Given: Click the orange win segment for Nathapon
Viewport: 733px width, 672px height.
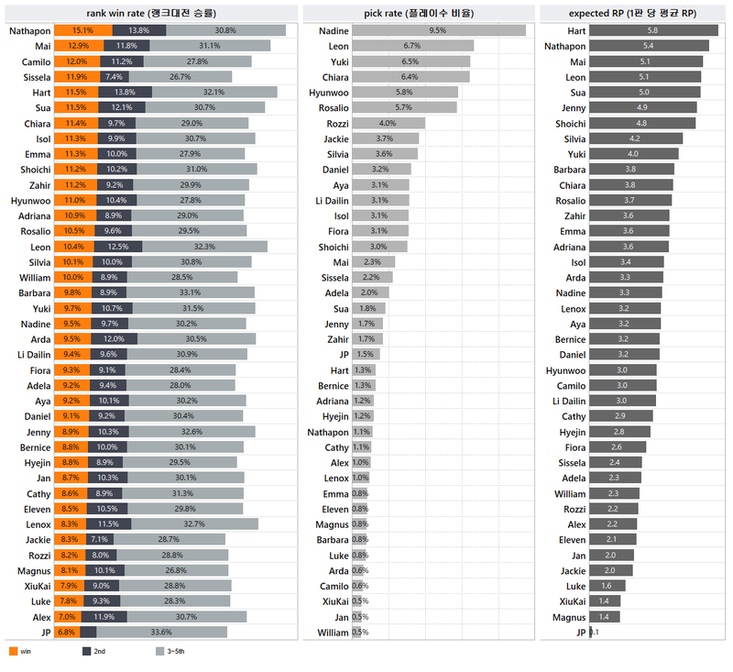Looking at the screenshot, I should (x=83, y=30).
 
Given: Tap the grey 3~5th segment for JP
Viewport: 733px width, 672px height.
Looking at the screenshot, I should (x=161, y=632).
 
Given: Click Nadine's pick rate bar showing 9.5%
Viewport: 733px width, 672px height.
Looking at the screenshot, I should (x=439, y=30).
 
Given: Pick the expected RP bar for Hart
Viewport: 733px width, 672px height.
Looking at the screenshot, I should (x=653, y=30).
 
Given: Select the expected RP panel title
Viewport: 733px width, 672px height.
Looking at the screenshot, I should (x=632, y=13).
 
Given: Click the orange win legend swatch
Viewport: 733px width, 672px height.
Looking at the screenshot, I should (x=13, y=652).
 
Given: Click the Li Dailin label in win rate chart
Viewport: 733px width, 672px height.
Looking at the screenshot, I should (x=33, y=354).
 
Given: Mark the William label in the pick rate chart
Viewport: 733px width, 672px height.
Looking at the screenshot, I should (x=332, y=632).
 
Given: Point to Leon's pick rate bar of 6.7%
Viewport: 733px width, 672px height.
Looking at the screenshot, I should (x=412, y=46).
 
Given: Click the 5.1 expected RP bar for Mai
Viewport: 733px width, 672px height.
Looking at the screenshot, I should (x=646, y=61).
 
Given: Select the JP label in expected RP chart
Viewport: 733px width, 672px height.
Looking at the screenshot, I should (x=579, y=632).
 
